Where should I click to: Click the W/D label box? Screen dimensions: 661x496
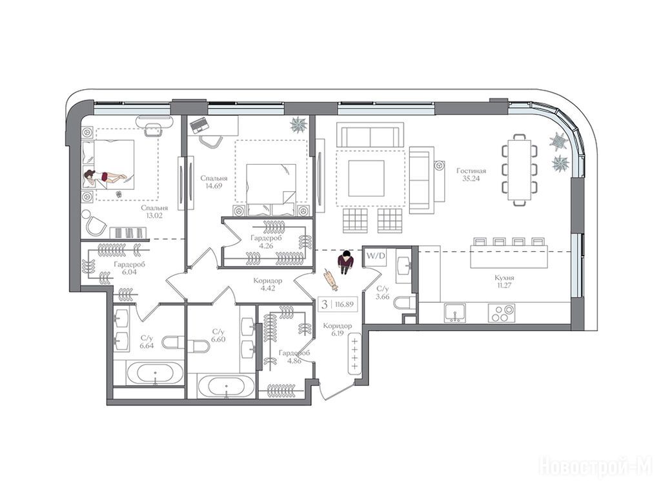point(375,256)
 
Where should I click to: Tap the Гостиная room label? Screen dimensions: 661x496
point(471,170)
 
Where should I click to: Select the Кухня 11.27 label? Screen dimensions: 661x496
point(504,282)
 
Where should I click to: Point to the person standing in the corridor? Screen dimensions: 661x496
point(346,263)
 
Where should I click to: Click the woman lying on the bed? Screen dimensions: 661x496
point(105,177)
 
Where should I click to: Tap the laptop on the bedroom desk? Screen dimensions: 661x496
point(199,125)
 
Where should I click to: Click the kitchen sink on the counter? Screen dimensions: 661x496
point(455,313)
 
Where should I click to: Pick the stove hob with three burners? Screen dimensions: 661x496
point(501,313)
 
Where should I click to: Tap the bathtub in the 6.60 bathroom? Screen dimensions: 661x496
point(226,387)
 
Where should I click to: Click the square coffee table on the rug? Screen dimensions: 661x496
point(366,178)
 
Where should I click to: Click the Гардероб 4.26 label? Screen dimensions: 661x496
point(265,242)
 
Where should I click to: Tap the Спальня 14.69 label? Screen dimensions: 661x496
point(214,181)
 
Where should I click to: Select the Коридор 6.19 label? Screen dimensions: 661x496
point(337,329)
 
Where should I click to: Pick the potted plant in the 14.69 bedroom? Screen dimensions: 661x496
point(300,125)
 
